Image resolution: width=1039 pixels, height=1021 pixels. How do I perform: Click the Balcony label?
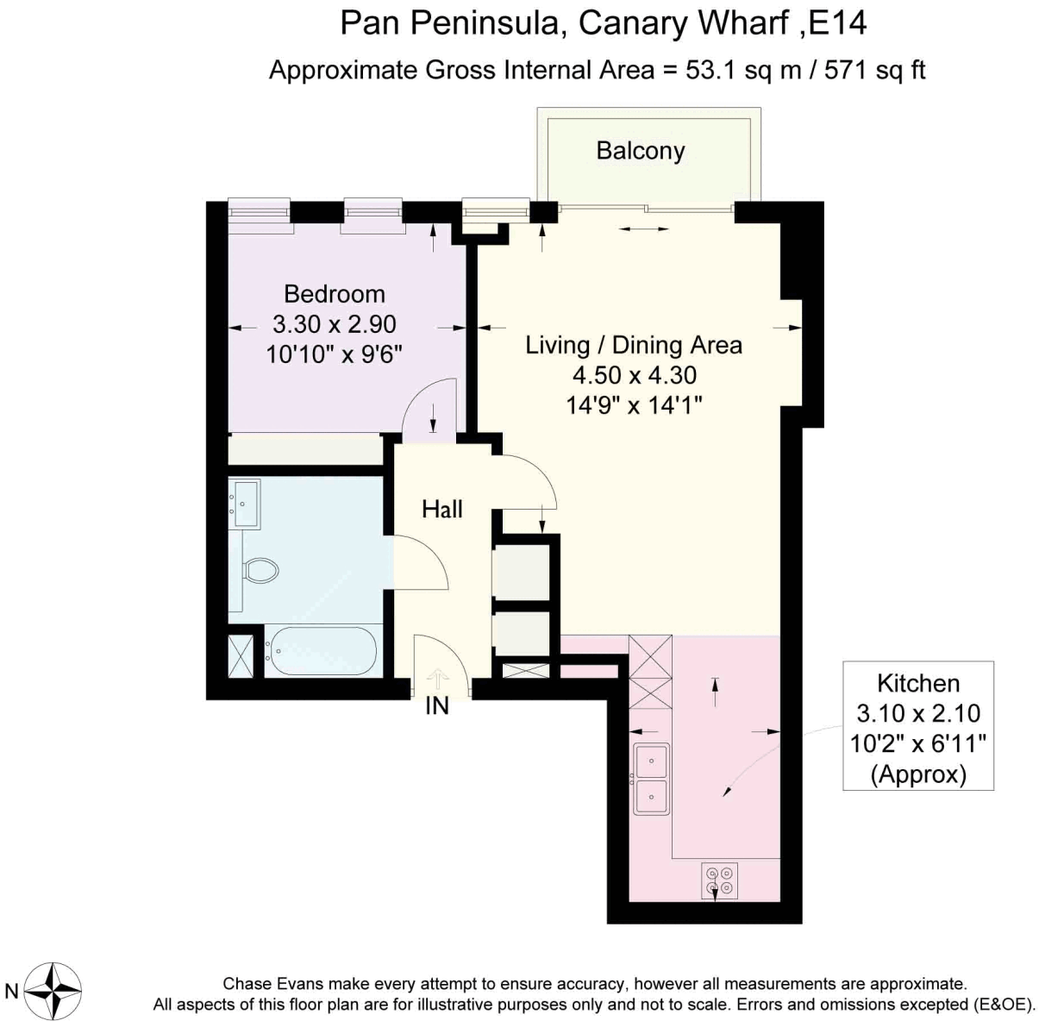click(x=640, y=152)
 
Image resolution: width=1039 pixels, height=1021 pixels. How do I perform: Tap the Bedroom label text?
click(x=335, y=295)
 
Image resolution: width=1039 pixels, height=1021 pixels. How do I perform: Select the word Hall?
click(x=442, y=509)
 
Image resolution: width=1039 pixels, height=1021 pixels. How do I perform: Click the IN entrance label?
click(x=437, y=706)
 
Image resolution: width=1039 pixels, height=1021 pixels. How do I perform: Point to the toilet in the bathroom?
click(x=260, y=570)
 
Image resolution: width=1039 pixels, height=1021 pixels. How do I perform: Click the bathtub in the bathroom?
click(x=322, y=650)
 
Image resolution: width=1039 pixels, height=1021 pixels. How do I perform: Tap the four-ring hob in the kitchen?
click(x=719, y=880)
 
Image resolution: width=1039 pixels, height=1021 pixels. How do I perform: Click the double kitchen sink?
click(x=651, y=779)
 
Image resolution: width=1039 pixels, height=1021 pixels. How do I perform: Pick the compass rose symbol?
click(x=53, y=990)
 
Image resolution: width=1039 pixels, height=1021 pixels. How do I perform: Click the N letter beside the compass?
click(x=12, y=991)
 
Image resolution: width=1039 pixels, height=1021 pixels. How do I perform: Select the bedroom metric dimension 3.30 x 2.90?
click(x=335, y=325)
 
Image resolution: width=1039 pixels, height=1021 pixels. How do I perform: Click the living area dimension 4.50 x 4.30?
click(x=634, y=375)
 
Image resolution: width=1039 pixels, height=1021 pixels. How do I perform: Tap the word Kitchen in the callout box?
click(x=918, y=684)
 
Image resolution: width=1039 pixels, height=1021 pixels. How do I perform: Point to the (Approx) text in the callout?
click(x=918, y=774)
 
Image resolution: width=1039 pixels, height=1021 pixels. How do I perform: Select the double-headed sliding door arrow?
click(x=644, y=229)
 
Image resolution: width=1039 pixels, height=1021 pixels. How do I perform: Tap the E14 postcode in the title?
click(x=838, y=23)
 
